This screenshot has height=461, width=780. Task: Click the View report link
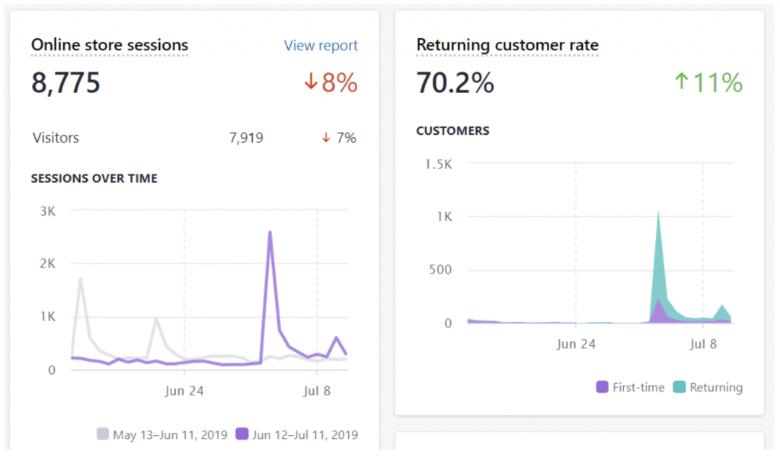321,46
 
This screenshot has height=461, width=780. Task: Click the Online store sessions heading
109,45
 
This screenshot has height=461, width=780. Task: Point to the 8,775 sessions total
66,82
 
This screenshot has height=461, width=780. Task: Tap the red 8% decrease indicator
331,82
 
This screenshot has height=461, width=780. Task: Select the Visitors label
56,138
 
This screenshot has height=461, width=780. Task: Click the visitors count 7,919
246,138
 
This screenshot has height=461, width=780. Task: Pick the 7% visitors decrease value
339,138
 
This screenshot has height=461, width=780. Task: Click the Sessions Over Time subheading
94,178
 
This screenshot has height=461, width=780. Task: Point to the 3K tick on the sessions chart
47,211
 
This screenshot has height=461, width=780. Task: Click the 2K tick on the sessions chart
47,264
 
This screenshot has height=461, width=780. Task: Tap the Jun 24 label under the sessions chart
184,391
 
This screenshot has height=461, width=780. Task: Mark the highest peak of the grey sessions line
81,279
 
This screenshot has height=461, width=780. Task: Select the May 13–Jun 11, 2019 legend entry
162,435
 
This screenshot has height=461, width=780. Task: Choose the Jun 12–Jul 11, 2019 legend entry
297,435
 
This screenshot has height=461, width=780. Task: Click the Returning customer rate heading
507,45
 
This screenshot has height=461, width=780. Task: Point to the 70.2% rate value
455,82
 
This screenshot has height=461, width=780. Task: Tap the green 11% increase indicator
708,82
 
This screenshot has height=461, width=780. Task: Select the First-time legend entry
631,387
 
